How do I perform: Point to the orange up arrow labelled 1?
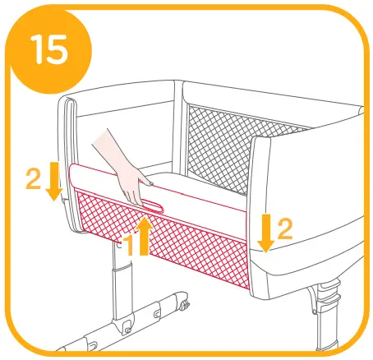click(x=146, y=234)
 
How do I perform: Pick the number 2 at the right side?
click(x=284, y=230)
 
